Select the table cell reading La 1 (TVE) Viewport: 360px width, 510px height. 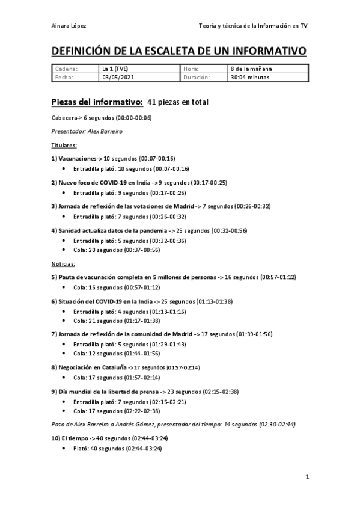pos(117,69)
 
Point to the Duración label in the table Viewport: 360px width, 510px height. pos(197,77)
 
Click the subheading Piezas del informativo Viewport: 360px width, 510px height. pos(97,102)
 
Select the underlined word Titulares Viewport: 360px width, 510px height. pos(64,145)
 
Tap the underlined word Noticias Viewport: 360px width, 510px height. pos(63,263)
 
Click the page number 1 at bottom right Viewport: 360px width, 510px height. pos(307,478)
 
